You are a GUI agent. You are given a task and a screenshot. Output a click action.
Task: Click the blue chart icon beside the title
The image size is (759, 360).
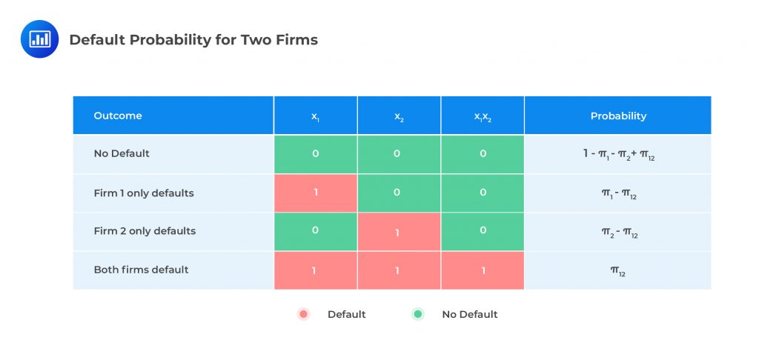click(39, 40)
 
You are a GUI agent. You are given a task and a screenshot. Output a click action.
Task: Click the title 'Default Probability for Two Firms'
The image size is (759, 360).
click(193, 40)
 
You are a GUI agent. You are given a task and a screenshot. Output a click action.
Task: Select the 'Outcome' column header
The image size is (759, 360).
click(118, 116)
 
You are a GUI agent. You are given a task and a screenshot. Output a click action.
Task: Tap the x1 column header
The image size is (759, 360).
click(316, 116)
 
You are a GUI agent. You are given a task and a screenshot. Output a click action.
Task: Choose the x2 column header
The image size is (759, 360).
click(399, 116)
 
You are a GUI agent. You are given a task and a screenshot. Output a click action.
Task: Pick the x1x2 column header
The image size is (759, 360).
click(483, 116)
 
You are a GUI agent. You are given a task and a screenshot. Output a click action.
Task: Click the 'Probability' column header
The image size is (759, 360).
click(618, 116)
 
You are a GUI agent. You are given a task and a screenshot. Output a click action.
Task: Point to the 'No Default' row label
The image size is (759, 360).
click(122, 153)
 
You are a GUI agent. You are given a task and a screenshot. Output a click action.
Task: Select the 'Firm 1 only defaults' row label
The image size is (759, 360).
click(144, 193)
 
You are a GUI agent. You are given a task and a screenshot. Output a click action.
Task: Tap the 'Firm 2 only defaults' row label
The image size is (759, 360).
click(145, 231)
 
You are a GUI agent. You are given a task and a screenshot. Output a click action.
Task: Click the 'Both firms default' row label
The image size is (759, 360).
click(141, 270)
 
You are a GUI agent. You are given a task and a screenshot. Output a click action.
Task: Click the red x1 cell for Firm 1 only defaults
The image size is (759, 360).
click(316, 193)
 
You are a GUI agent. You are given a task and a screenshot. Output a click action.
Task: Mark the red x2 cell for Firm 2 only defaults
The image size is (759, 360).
click(399, 232)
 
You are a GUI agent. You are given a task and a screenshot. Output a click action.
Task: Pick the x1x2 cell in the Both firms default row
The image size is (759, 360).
click(483, 270)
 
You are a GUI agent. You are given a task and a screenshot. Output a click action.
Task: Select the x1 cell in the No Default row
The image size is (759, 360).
click(316, 154)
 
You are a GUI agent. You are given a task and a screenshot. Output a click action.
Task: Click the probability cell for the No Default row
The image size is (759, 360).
click(618, 154)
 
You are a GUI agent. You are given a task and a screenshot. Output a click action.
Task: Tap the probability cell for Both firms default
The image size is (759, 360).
click(618, 270)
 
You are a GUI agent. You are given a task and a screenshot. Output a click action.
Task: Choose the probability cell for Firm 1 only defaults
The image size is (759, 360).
click(618, 193)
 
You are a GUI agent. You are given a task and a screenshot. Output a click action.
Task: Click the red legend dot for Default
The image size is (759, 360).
click(302, 314)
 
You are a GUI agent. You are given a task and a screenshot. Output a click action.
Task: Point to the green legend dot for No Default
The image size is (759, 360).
click(417, 314)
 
